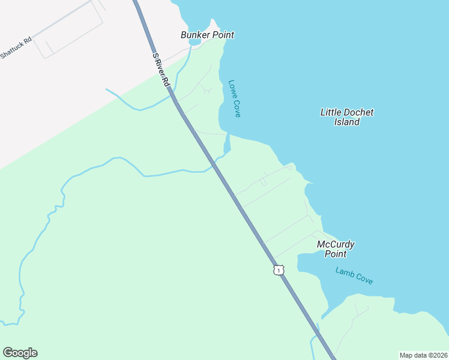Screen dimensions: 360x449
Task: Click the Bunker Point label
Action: [x=207, y=35]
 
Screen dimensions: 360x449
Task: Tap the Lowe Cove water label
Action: [x=234, y=98]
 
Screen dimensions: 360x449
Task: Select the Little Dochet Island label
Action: [x=347, y=117]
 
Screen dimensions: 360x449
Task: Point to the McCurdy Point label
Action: [x=336, y=249]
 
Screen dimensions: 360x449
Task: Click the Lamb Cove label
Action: [x=354, y=276]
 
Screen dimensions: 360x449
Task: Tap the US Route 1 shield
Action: [x=278, y=270]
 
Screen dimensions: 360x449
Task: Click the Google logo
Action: [x=20, y=353]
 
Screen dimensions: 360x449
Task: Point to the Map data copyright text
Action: [x=423, y=355]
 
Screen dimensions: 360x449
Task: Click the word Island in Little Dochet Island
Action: [x=347, y=122]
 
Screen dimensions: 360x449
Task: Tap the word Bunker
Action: [x=194, y=35]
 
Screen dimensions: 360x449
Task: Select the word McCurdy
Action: [x=336, y=244]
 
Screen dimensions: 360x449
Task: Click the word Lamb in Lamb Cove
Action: [x=345, y=273]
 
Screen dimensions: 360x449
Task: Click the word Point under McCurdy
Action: [x=336, y=254]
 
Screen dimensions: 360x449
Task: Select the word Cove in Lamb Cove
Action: [x=364, y=279]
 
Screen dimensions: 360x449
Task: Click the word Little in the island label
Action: [x=331, y=112]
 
